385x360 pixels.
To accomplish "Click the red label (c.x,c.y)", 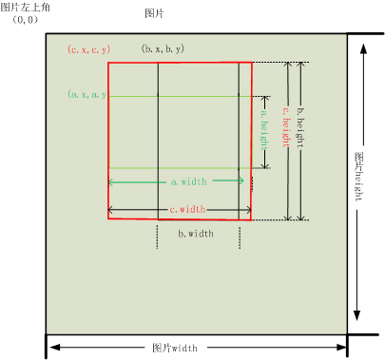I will (88, 48).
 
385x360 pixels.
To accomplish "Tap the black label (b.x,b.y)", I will (163, 47).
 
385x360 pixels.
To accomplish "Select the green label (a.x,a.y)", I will (87, 95).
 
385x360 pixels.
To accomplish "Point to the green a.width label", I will (188, 180).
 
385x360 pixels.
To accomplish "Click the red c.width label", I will (187, 209).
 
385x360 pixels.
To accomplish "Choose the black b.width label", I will (196, 233).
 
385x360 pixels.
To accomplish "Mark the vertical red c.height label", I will (286, 139).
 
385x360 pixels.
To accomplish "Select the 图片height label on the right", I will (358, 172).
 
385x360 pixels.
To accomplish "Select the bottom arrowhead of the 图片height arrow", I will (358, 315).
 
